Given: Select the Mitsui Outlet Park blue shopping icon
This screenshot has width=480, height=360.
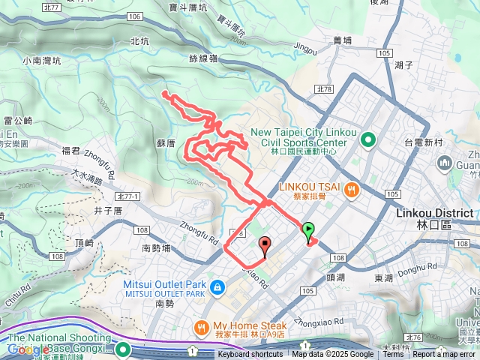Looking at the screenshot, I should [217, 286].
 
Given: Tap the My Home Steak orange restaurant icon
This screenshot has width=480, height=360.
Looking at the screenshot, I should [200, 328].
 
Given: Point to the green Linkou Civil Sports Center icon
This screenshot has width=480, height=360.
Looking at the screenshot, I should [368, 139].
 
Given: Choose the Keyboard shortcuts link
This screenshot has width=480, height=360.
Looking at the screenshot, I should [250, 355].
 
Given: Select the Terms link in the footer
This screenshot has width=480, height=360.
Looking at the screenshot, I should [393, 355].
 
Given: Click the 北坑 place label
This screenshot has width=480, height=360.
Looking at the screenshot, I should [139, 41].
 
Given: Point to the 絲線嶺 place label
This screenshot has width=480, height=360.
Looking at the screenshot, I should [202, 58].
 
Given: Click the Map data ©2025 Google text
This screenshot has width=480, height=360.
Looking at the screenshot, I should [332, 355].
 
